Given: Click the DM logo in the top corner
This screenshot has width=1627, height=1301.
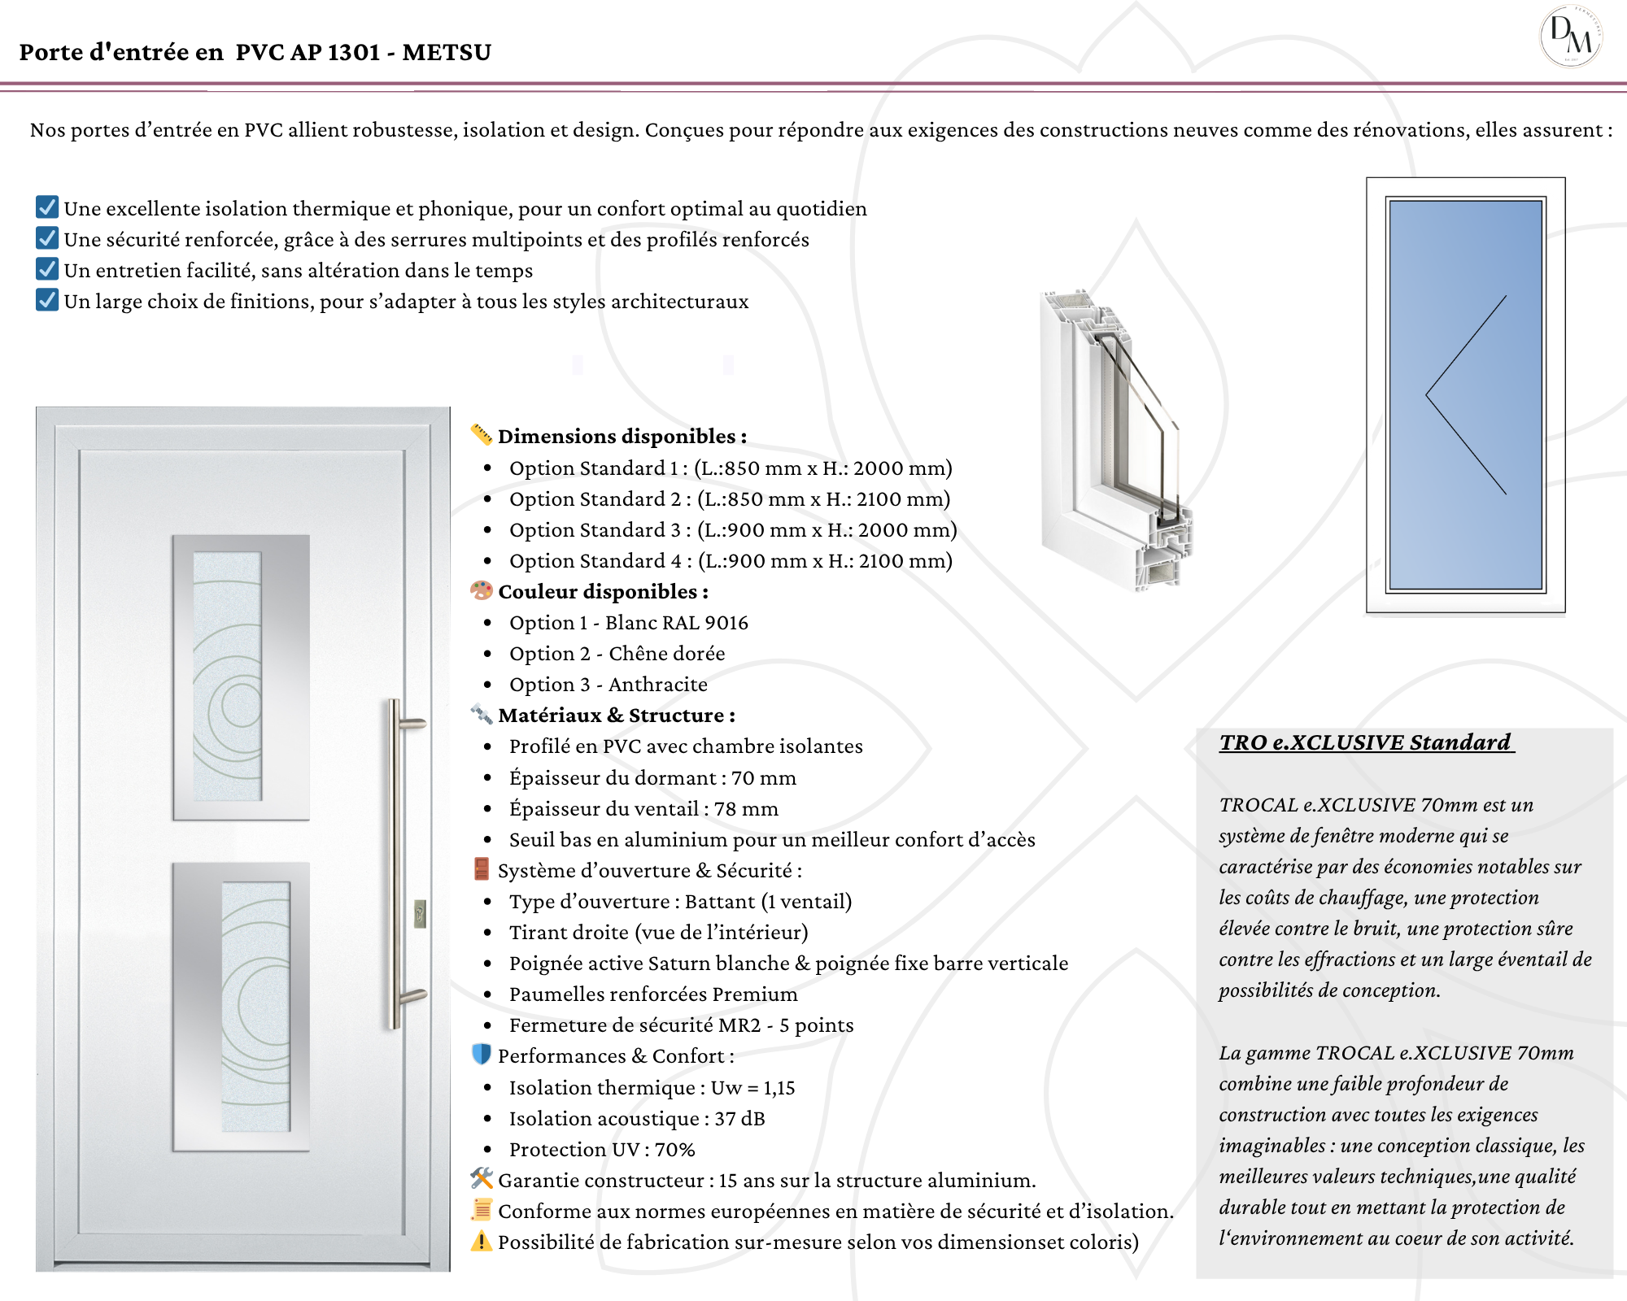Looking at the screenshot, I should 1571,37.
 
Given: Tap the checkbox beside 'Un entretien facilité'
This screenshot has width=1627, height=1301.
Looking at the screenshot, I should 47,269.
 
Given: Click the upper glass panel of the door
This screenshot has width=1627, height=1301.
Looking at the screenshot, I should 227,677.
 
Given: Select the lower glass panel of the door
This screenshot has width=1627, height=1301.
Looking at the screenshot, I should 255,1007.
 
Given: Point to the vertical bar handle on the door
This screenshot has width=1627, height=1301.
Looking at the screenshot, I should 395,862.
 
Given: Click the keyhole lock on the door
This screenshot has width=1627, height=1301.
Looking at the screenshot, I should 420,913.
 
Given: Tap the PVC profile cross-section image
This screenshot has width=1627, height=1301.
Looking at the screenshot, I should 1114,439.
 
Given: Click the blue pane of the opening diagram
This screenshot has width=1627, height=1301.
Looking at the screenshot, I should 1465,395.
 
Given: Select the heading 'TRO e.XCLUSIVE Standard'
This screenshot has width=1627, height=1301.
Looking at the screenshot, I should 1365,742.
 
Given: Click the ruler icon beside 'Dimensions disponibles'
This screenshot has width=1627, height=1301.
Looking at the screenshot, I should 482,435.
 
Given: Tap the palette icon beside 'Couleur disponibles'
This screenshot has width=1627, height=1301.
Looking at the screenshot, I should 482,590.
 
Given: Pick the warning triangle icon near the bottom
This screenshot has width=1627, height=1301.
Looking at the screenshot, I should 482,1242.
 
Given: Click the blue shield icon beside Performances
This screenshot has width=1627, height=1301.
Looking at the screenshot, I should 482,1055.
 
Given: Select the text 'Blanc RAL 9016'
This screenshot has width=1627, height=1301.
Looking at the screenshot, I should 676,623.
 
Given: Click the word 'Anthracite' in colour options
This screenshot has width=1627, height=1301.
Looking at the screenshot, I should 657,685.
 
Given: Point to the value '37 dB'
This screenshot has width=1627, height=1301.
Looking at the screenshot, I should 739,1119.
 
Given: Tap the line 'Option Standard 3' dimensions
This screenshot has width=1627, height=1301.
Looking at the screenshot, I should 732,530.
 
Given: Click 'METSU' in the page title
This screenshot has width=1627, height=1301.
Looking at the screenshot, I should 447,52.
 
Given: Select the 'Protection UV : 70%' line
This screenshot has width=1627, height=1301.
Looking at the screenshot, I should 602,1150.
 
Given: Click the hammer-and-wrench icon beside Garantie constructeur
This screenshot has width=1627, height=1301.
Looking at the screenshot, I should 482,1178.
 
